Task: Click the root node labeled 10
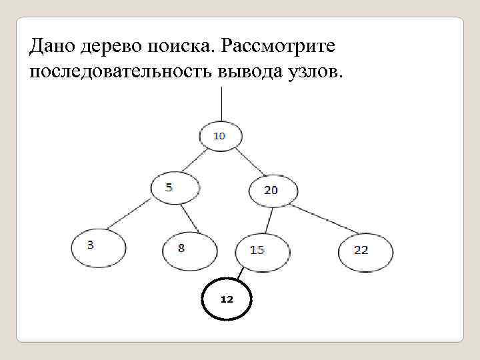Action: click(221, 137)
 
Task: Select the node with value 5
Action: click(174, 187)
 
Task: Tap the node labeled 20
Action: click(272, 191)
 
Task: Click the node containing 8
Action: click(189, 249)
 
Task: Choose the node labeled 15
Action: click(262, 251)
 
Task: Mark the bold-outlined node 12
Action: click(227, 299)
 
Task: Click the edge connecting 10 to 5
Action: click(191, 161)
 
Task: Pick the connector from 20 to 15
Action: click(267, 220)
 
